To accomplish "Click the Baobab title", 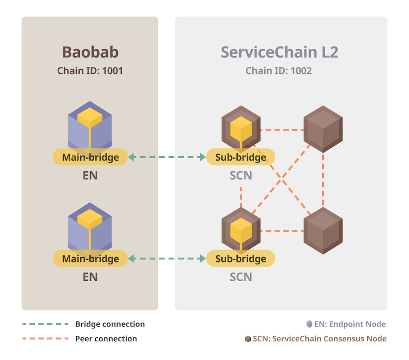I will (x=90, y=52).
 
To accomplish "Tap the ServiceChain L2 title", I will (x=280, y=52).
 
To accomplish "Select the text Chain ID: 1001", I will (x=90, y=71).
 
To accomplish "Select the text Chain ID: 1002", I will (x=279, y=71).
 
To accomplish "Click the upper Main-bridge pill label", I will (x=90, y=157).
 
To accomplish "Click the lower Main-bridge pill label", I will (x=90, y=259).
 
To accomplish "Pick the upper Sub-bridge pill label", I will (x=241, y=157).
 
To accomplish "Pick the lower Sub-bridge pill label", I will (x=241, y=259).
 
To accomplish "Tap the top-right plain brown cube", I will (x=323, y=129).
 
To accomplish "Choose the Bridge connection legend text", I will (x=110, y=324).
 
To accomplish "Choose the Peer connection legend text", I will (x=106, y=339).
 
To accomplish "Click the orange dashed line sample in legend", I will (x=44, y=339).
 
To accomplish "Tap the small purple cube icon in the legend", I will (x=309, y=324).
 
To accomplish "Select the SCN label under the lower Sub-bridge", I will (x=241, y=277).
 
